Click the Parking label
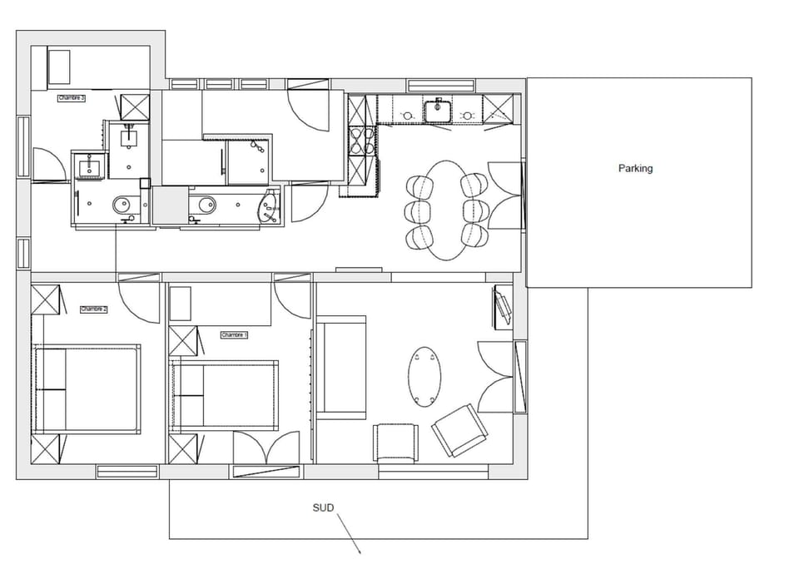point(635,168)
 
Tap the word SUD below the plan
point(323,507)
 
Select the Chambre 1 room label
point(235,334)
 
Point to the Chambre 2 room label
point(94,309)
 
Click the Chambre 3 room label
point(72,98)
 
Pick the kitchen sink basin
point(437,109)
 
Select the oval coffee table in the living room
point(425,376)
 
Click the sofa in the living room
point(341,367)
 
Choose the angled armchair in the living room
point(459,429)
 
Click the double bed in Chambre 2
point(87,388)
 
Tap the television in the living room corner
point(504,307)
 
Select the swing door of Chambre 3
point(47,164)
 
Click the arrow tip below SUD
point(360,552)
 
